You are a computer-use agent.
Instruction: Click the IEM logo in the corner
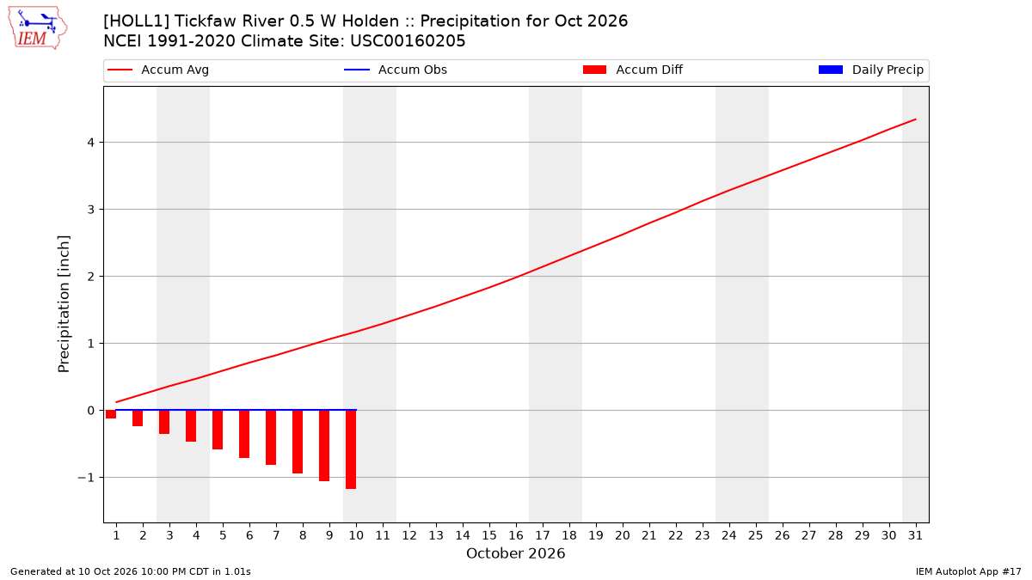tap(37, 28)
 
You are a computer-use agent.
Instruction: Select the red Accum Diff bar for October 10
tap(351, 449)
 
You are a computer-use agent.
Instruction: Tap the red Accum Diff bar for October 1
tap(111, 414)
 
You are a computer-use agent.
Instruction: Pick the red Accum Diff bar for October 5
tap(218, 430)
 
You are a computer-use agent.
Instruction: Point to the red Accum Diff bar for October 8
tap(298, 442)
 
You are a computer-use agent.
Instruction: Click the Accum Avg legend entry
tap(158, 70)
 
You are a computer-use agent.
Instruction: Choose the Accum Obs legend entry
tap(396, 70)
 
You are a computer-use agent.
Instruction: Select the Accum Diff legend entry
tap(633, 70)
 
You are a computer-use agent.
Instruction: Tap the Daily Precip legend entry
tap(870, 70)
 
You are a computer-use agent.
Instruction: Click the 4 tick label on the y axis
tap(91, 143)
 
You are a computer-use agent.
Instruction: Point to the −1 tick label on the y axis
tap(86, 478)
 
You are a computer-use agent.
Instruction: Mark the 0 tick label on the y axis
tap(91, 411)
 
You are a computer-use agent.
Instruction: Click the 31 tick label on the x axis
tap(915, 535)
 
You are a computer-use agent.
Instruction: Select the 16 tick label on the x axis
tap(516, 535)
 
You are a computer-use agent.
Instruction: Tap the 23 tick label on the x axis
tap(703, 535)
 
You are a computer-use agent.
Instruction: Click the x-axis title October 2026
tap(515, 553)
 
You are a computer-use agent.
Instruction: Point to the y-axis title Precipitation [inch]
tap(64, 304)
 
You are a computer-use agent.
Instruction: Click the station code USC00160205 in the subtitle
tap(408, 41)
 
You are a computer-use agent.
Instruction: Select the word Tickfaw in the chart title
tap(201, 21)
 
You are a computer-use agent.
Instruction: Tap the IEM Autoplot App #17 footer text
tap(968, 571)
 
